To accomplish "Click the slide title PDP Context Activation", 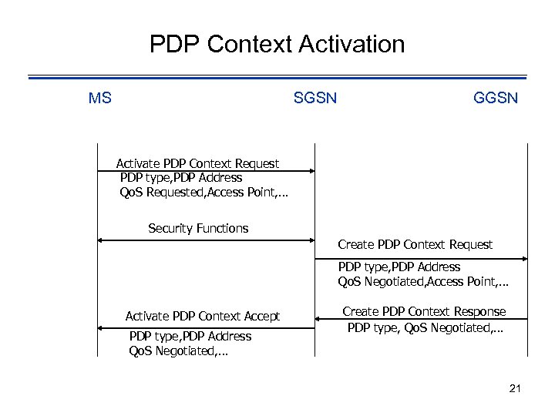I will pos(277,44).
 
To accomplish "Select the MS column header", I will pos(99,99).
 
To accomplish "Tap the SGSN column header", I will pos(314,99).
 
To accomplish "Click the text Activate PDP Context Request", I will pos(197,163).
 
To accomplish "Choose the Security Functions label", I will pos(198,228).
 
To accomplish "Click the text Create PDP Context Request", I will pos(415,244).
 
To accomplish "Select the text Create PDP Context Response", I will pos(424,311).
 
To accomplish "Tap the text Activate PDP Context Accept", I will pos(203,316).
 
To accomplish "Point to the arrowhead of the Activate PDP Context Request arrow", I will pos(310,172).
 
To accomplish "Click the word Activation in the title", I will pos(354,44).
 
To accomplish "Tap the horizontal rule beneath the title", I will pos(277,76).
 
